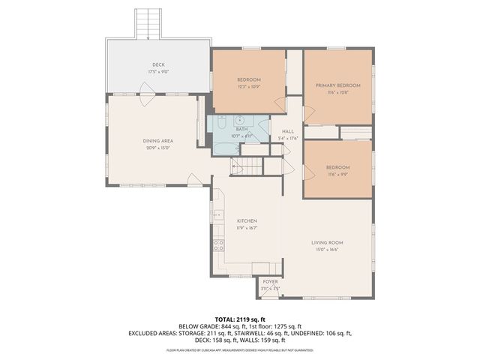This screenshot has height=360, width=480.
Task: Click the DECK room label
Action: pyautogui.click(x=157, y=65)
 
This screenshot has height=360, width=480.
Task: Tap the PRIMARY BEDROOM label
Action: pyautogui.click(x=337, y=85)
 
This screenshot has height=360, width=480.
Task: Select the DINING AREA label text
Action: pyautogui.click(x=157, y=140)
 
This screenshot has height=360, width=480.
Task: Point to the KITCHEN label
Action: pyautogui.click(x=247, y=220)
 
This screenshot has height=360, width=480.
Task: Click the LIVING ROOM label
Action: pyautogui.click(x=327, y=243)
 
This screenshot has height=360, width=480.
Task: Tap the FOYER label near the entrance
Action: pyautogui.click(x=270, y=281)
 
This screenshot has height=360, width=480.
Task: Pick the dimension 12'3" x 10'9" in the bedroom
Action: pyautogui.click(x=249, y=86)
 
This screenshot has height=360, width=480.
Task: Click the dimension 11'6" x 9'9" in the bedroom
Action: pyautogui.click(x=337, y=173)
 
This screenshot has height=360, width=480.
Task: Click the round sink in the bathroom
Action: pyautogui.click(x=241, y=119)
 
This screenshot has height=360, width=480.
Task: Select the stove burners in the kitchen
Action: pyautogui.click(x=219, y=245)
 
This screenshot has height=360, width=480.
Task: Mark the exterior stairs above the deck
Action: pyautogui.click(x=147, y=25)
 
